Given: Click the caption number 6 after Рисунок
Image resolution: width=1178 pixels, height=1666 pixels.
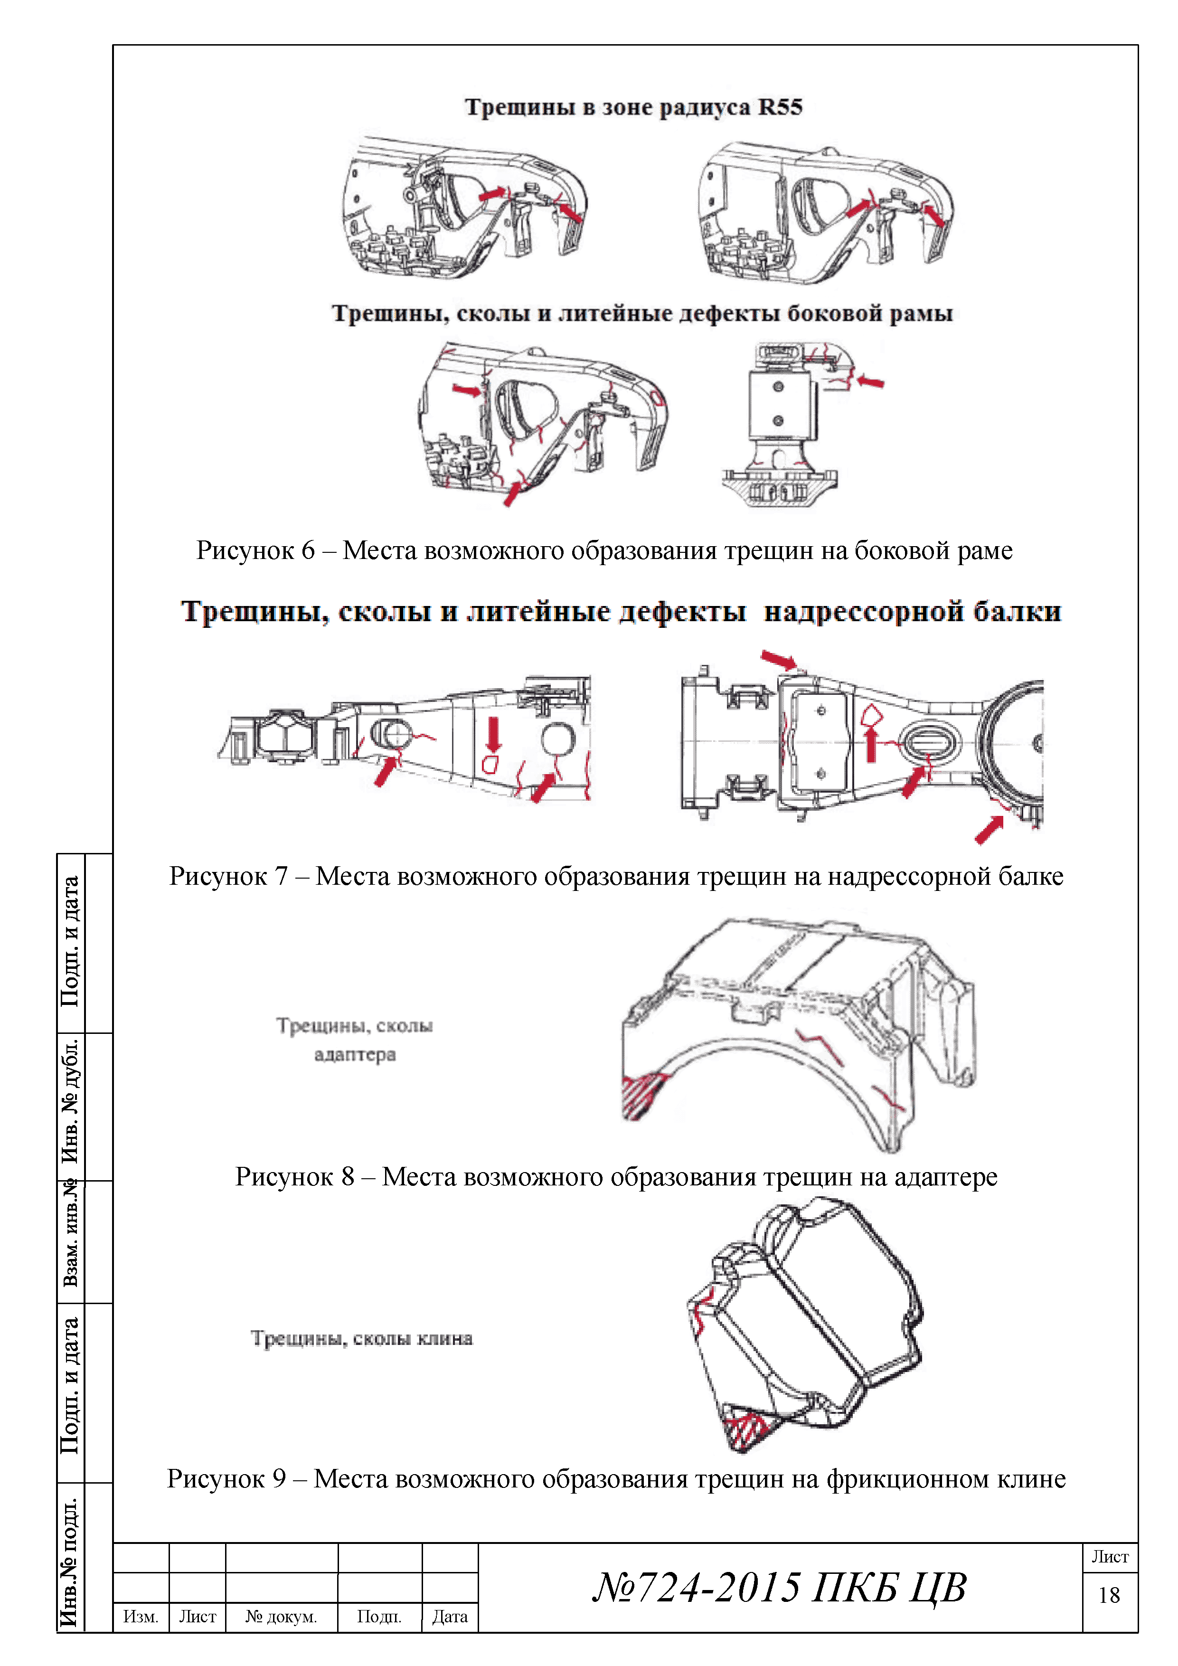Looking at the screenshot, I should point(308,551).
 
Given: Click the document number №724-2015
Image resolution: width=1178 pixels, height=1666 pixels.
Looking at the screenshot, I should point(697,1588).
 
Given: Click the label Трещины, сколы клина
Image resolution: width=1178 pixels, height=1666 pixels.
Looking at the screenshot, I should point(362,1339).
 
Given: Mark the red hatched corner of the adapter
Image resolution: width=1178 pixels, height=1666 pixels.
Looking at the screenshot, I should point(640,1093).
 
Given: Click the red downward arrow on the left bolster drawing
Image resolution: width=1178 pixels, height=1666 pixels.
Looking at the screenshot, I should point(493,734).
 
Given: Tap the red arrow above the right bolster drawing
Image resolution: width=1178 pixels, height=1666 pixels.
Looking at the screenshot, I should point(778,660).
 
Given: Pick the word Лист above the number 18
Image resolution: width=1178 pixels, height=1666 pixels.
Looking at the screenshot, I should point(1110,1557).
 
